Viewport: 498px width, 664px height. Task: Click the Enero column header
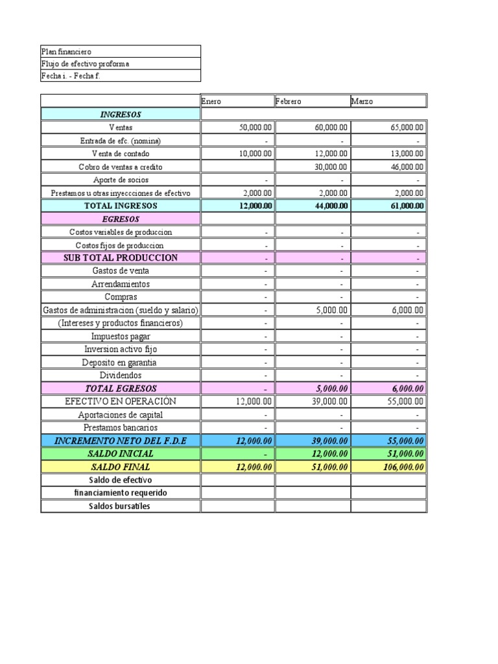click(211, 102)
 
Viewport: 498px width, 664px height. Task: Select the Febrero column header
click(289, 102)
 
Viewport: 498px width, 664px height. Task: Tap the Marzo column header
click(362, 102)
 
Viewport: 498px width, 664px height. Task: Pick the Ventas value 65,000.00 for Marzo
click(407, 128)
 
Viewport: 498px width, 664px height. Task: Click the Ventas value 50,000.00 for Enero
click(255, 128)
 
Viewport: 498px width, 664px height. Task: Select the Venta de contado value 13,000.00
click(407, 154)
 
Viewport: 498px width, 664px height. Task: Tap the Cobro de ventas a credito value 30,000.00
click(331, 167)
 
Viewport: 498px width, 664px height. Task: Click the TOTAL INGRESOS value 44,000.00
click(331, 206)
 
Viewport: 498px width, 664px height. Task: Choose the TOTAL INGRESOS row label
click(121, 206)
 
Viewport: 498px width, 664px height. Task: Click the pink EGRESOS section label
click(121, 219)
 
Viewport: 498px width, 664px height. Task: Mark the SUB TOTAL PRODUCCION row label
click(121, 257)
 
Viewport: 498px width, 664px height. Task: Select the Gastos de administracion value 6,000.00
click(408, 311)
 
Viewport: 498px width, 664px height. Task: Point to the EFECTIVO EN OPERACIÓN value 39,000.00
click(331, 402)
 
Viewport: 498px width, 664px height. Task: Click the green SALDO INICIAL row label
click(121, 454)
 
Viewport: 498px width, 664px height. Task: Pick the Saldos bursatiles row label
click(121, 506)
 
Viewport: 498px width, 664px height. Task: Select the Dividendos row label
click(121, 375)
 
